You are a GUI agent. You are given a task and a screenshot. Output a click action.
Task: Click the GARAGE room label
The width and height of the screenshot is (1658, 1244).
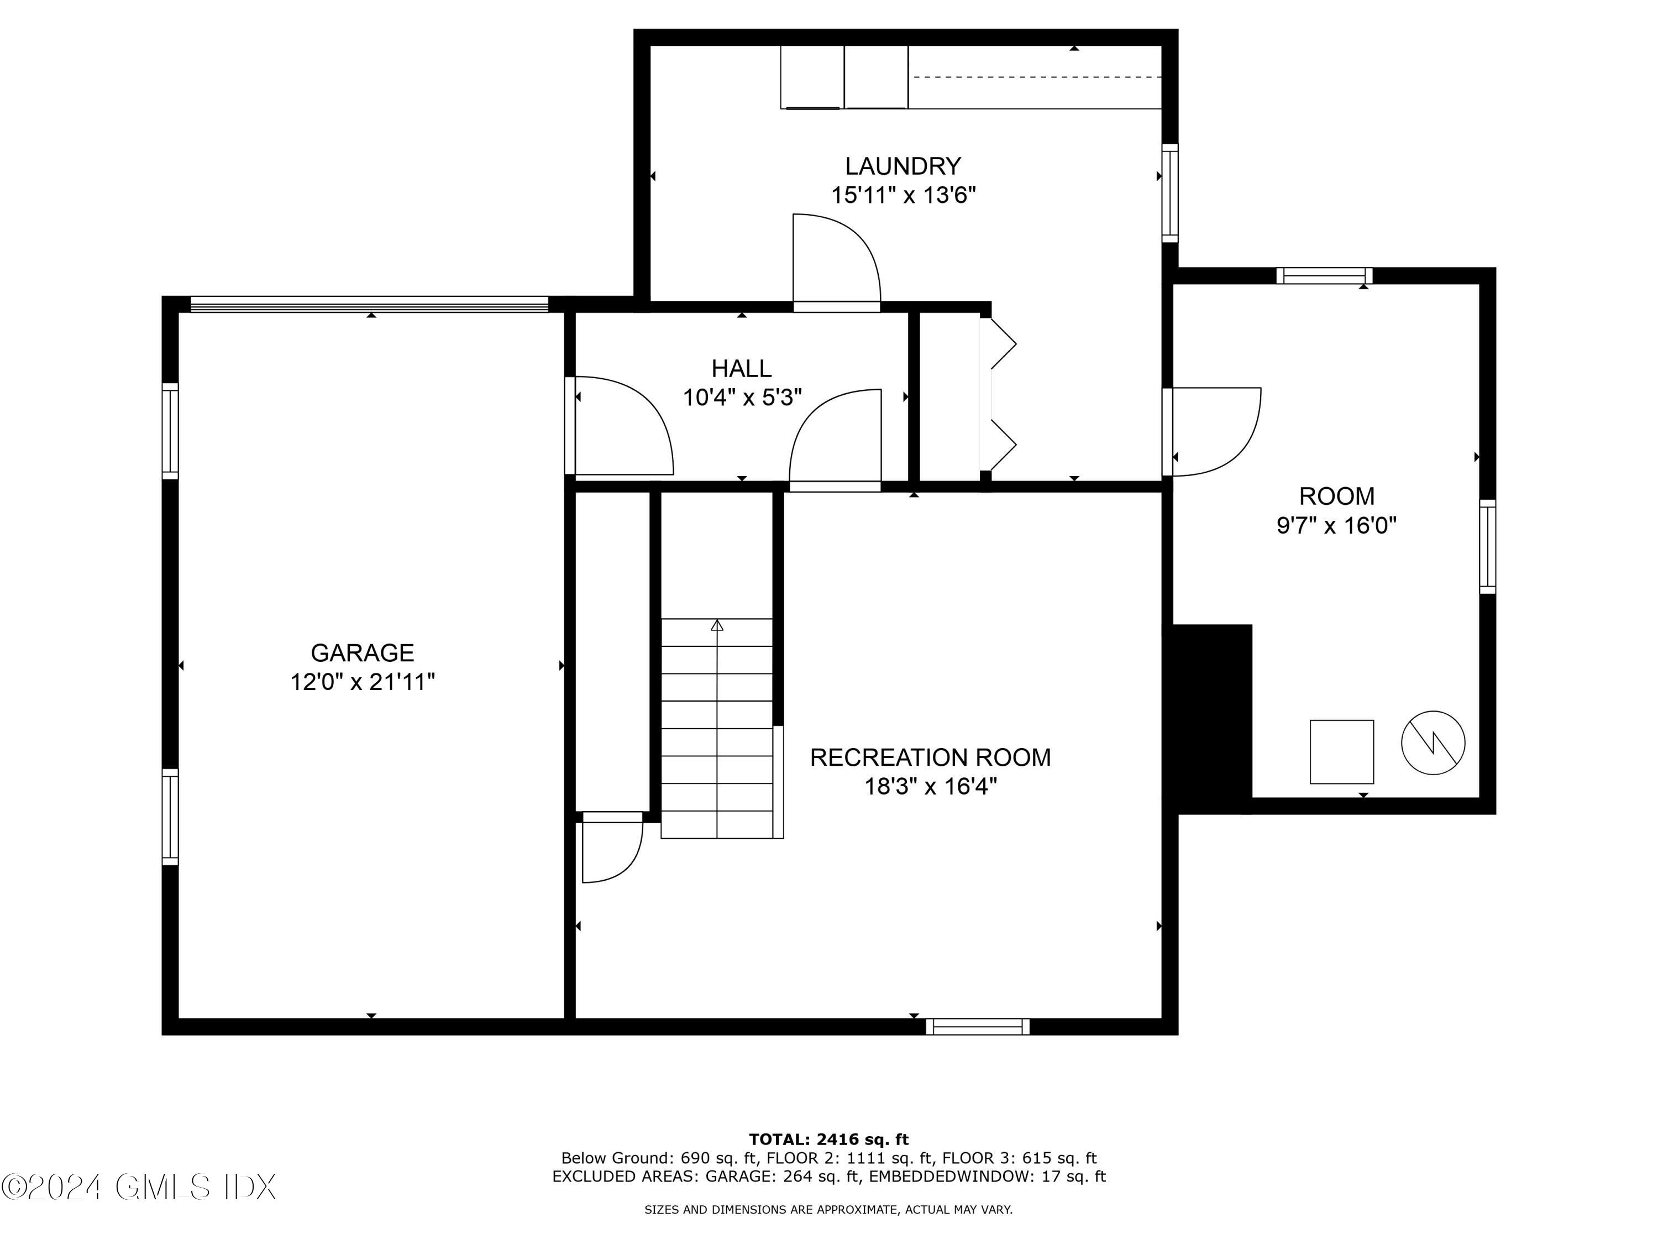coord(362,652)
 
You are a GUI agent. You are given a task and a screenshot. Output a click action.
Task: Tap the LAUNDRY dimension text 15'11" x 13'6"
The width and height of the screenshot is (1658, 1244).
coord(903,195)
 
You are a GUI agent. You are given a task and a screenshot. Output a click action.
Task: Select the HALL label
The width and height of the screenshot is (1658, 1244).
coord(741,368)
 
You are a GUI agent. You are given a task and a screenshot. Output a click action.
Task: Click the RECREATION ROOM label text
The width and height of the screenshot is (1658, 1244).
coord(930,757)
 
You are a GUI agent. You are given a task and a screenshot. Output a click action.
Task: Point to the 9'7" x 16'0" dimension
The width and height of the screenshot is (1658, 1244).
coord(1336,525)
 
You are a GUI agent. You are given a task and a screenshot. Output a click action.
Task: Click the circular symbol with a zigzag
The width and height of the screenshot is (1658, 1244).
coord(1433,743)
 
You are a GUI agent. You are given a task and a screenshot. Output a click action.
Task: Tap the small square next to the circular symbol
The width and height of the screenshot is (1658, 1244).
coord(1341,752)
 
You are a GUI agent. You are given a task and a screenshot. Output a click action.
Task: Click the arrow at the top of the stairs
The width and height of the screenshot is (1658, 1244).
coord(717,625)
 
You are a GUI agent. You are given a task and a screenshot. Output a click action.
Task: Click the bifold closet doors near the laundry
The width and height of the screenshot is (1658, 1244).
coord(1001,395)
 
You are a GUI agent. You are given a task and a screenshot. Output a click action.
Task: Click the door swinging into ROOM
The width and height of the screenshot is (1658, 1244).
coord(1214,431)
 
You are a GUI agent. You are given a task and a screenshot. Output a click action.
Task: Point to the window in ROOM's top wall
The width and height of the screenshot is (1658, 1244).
coord(1324,276)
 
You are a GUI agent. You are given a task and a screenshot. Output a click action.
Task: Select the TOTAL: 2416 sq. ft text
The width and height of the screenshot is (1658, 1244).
coord(828,1140)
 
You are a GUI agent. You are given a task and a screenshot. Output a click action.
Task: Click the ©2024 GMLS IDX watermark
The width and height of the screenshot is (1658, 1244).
coord(139,1187)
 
